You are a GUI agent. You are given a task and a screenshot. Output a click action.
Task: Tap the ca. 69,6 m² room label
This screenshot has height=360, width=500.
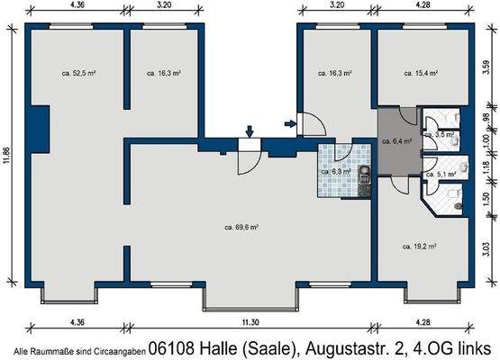coord(241,227)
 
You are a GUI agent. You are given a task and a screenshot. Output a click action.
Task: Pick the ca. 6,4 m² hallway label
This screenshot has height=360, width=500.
coord(396,141)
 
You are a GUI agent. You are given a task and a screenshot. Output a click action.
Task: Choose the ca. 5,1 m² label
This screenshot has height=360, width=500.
coord(439,174)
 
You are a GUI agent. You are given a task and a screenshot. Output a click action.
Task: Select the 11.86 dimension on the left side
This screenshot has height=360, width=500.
coord(8,157)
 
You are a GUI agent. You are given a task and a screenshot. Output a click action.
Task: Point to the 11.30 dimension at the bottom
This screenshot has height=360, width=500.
coord(248,322)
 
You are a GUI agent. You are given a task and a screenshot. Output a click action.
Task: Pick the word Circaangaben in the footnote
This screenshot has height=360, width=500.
coord(119,349)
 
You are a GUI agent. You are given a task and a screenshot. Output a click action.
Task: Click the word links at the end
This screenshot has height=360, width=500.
coord(474,346)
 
